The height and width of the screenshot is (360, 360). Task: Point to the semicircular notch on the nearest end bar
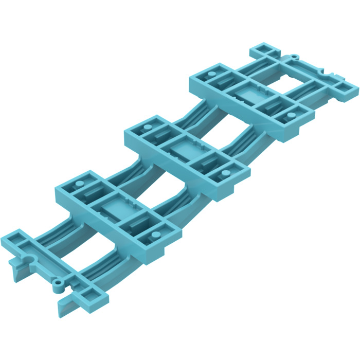pos(29,258)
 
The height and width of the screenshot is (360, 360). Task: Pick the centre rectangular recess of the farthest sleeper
pos(248,94)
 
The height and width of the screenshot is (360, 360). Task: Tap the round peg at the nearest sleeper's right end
pos(152,236)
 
